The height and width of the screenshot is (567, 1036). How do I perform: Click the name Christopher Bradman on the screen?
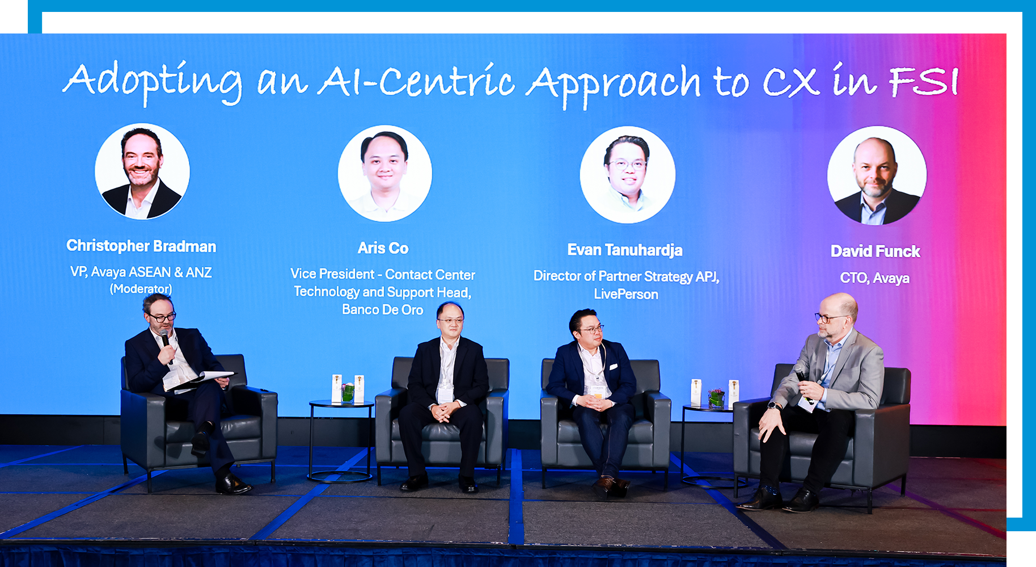pyautogui.click(x=141, y=246)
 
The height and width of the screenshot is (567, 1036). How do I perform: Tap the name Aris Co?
pyautogui.click(x=383, y=248)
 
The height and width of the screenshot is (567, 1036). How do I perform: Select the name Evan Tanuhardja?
pyautogui.click(x=625, y=250)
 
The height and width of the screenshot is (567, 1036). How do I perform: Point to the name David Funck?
pyautogui.click(x=875, y=251)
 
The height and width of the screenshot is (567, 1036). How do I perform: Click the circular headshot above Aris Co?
pyautogui.click(x=385, y=173)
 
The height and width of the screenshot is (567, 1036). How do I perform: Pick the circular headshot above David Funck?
pyautogui.click(x=877, y=175)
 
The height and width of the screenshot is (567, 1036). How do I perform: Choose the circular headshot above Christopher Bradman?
pyautogui.click(x=142, y=171)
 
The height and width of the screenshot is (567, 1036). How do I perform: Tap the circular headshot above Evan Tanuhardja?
pyautogui.click(x=627, y=174)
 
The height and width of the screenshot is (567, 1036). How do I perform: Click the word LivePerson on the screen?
pyautogui.click(x=626, y=295)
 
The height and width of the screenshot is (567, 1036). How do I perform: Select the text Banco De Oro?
pyautogui.click(x=383, y=310)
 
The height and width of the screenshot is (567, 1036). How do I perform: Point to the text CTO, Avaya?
pyautogui.click(x=874, y=278)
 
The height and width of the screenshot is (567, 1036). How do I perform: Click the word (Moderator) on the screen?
pyautogui.click(x=141, y=289)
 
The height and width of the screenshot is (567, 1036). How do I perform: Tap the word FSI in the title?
pyautogui.click(x=923, y=81)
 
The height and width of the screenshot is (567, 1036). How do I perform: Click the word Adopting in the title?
pyautogui.click(x=153, y=83)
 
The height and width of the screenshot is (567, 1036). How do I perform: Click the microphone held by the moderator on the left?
pyautogui.click(x=166, y=342)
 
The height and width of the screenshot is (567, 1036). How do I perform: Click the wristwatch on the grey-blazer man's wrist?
pyautogui.click(x=773, y=406)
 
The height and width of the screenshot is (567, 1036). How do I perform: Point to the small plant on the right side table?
pyautogui.click(x=716, y=397)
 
